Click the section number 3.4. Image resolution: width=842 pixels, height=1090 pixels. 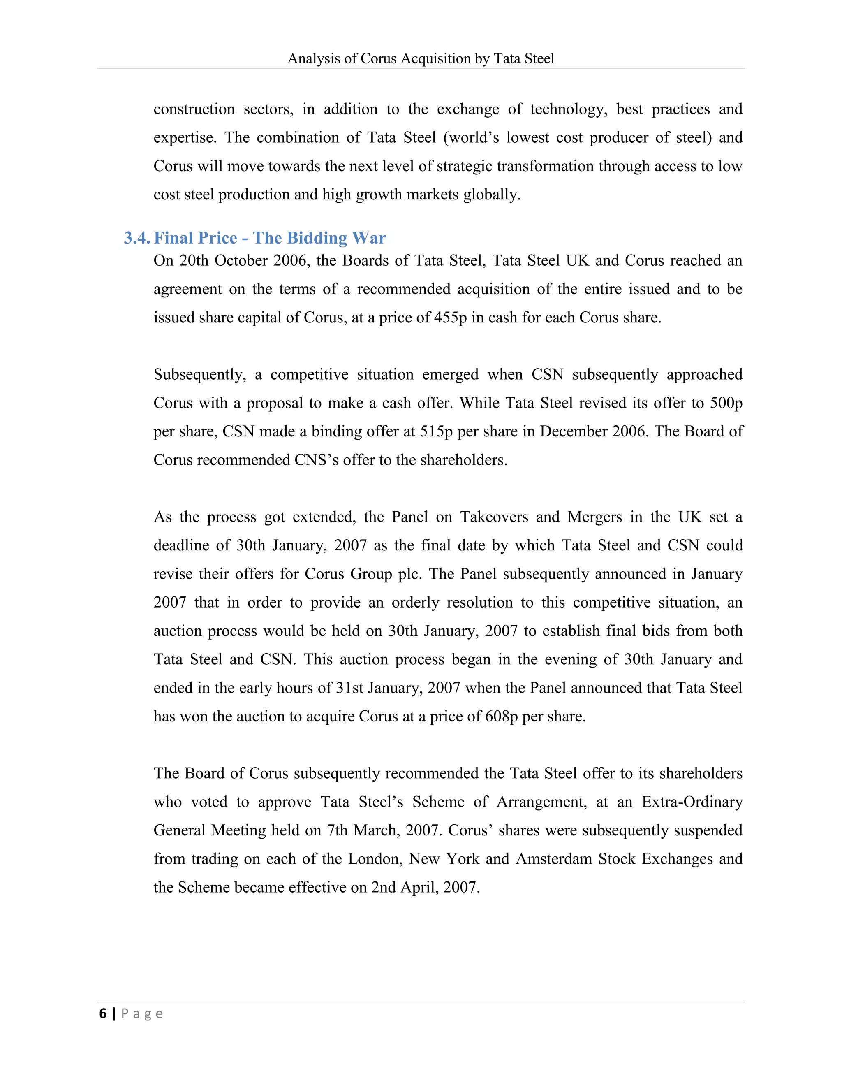[136, 238]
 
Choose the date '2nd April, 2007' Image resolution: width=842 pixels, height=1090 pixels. [425, 887]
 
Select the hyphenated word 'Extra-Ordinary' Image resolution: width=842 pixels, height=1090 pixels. [692, 802]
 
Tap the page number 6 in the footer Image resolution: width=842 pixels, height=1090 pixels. [103, 1013]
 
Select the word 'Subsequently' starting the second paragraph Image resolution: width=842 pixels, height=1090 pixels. [199, 374]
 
